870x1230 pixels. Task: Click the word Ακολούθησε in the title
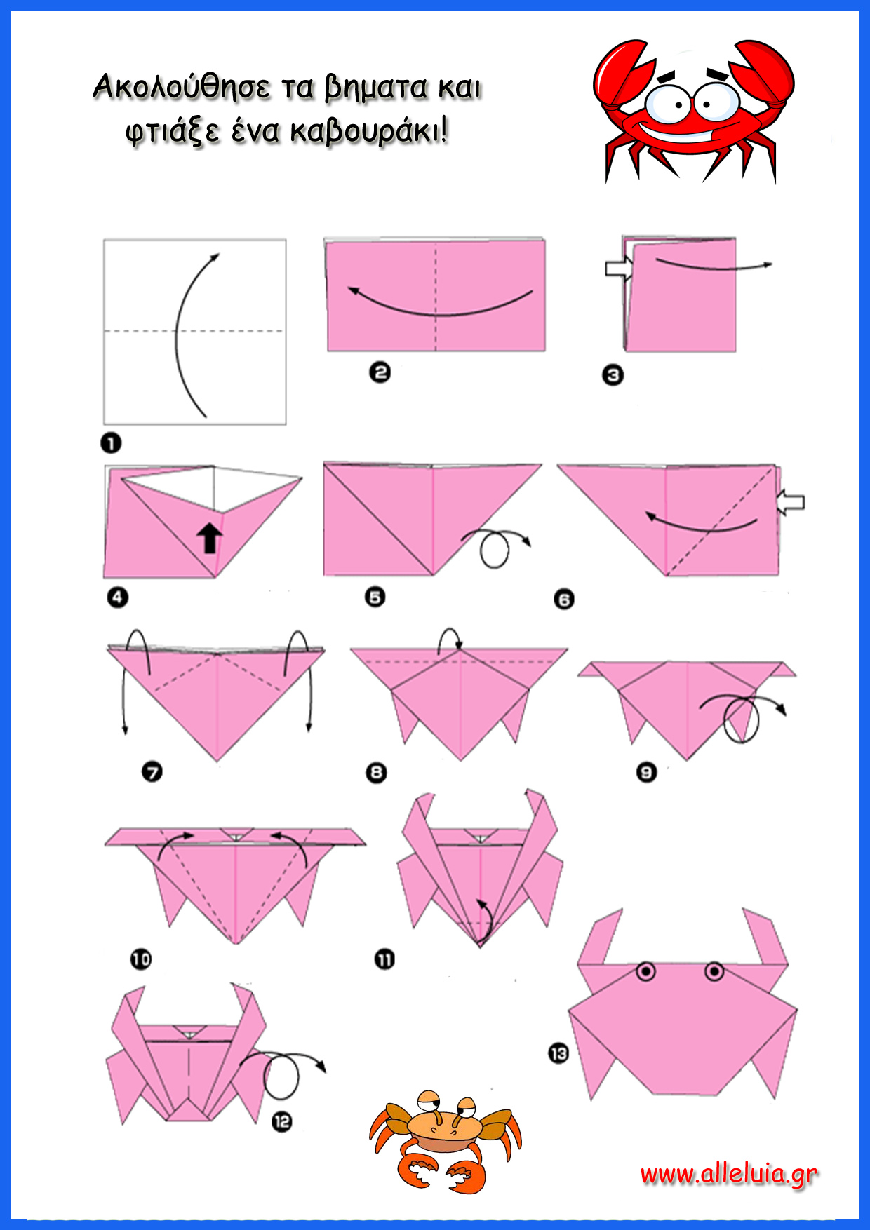pyautogui.click(x=182, y=88)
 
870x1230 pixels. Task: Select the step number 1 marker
pyautogui.click(x=111, y=443)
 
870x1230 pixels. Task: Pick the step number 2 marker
pyautogui.click(x=380, y=372)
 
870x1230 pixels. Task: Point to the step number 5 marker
pyautogui.click(x=375, y=597)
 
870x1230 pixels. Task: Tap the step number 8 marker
pyautogui.click(x=377, y=773)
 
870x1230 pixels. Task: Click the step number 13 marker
pyautogui.click(x=558, y=1053)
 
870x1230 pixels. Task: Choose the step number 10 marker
pyautogui.click(x=141, y=959)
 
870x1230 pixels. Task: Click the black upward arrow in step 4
pyautogui.click(x=209, y=538)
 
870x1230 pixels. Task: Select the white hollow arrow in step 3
pyautogui.click(x=619, y=269)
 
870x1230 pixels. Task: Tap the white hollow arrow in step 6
pyautogui.click(x=791, y=502)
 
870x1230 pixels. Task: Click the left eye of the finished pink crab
pyautogui.click(x=646, y=971)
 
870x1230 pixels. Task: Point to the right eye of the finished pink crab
pyautogui.click(x=714, y=971)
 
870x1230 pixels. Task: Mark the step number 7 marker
pyautogui.click(x=152, y=772)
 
